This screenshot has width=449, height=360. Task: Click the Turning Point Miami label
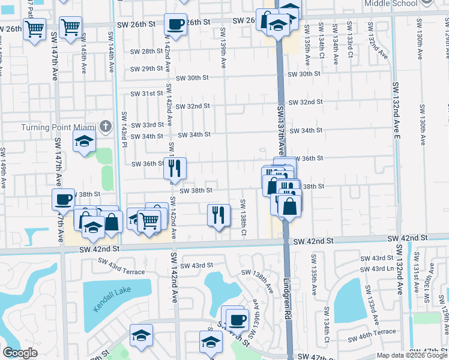(59, 127)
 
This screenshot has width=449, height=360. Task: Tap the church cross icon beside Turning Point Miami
(106, 126)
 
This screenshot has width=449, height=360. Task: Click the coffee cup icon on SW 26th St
(175, 25)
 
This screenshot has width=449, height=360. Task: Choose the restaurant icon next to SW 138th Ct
(218, 214)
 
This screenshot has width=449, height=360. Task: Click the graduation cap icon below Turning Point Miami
(84, 142)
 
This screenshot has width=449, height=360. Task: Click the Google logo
(20, 353)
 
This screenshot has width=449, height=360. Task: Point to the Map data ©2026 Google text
(412, 355)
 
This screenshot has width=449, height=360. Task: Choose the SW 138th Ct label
(244, 216)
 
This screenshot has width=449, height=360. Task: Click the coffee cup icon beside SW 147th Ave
(64, 200)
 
